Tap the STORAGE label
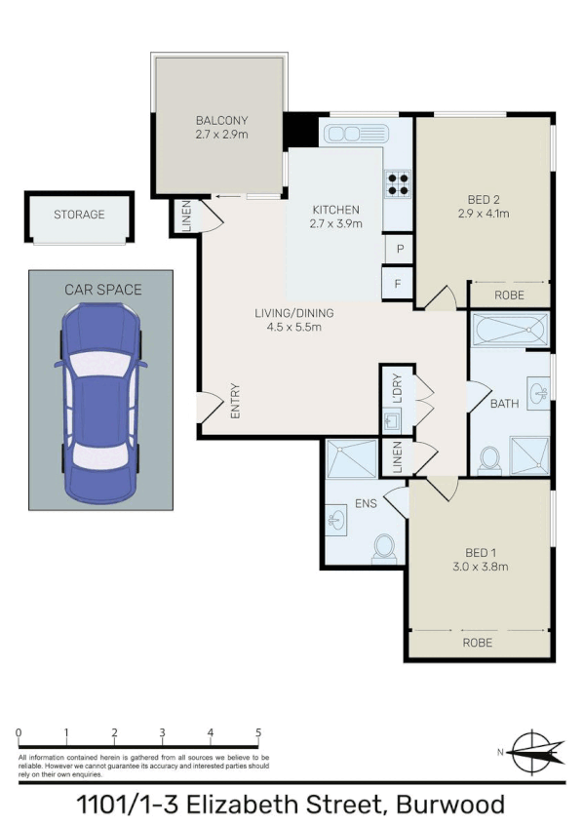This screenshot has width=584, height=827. (x=79, y=215)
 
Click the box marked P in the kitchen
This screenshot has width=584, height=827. (x=398, y=249)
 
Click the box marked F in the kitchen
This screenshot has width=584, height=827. (x=398, y=284)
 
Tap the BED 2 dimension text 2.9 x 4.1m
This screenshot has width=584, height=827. (x=484, y=215)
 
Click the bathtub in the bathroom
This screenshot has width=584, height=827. (x=510, y=330)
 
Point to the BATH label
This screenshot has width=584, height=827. (x=504, y=403)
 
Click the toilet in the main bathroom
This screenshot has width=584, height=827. (x=491, y=458)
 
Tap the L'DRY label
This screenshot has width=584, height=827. (x=397, y=388)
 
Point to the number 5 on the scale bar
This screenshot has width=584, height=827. (x=258, y=732)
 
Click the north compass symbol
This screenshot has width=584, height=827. (x=531, y=751)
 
